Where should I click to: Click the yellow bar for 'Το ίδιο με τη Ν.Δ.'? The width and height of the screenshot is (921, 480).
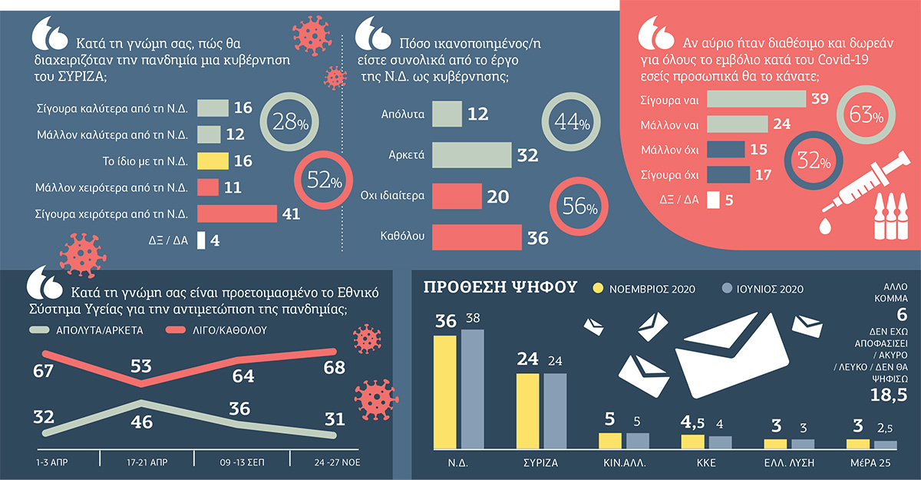(213, 161)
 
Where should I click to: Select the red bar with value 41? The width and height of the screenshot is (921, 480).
(237, 214)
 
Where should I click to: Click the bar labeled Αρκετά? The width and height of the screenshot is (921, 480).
(471, 155)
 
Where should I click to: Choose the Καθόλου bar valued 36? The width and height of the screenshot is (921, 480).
(477, 237)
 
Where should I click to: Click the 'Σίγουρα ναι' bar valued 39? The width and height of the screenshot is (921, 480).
(756, 99)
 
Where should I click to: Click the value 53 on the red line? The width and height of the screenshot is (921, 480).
(140, 366)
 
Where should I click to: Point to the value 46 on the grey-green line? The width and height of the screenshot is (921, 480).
(141, 422)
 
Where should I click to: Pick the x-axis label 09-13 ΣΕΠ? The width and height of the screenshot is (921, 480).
(243, 462)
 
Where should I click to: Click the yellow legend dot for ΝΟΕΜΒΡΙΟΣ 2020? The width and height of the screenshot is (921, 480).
(598, 288)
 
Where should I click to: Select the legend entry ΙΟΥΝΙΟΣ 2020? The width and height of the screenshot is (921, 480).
(763, 289)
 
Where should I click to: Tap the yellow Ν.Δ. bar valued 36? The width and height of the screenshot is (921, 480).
(445, 392)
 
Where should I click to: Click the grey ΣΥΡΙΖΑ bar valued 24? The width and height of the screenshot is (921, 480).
(555, 411)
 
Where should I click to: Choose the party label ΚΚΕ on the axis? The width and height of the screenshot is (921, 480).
(706, 463)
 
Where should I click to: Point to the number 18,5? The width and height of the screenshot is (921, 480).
(889, 395)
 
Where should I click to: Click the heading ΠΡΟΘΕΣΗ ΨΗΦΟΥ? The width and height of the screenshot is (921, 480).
(500, 287)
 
